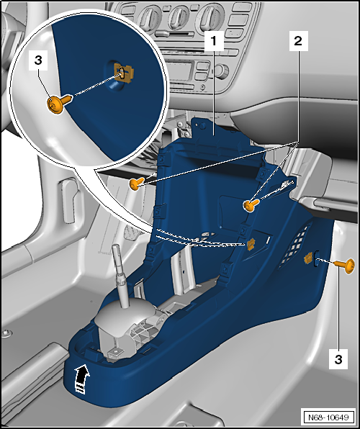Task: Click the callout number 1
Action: (x=214, y=41)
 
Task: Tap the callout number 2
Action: (x=298, y=41)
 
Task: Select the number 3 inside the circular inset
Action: (x=38, y=60)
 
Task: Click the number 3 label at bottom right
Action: (x=338, y=358)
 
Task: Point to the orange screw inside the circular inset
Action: (x=59, y=103)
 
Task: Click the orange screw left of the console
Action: (x=137, y=184)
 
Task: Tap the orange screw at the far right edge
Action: (x=345, y=266)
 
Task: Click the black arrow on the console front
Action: (x=82, y=379)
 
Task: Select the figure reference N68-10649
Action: (x=328, y=417)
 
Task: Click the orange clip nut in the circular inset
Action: (x=124, y=72)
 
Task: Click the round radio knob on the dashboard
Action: (x=222, y=71)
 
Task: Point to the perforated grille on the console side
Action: (x=295, y=246)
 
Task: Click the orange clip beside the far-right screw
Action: (x=309, y=258)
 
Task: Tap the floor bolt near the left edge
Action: (x=6, y=333)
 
